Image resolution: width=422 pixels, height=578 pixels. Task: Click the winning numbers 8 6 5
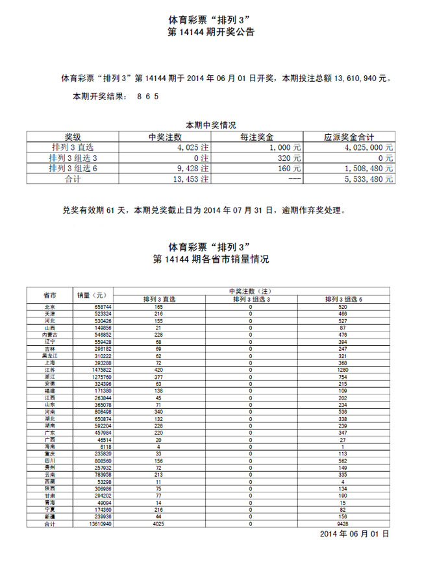click(x=148, y=96)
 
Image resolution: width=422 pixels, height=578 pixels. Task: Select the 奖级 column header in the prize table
click(x=73, y=137)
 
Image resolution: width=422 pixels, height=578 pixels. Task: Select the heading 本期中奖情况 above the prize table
click(x=210, y=125)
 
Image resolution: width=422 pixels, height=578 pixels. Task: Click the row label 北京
click(x=49, y=307)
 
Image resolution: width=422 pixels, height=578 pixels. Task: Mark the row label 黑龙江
click(x=49, y=355)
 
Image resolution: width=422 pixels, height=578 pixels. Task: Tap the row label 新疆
click(x=49, y=516)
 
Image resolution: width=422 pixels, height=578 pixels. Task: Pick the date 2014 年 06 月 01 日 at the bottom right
click(x=354, y=534)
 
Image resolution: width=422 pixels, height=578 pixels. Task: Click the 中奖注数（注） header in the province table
click(x=252, y=291)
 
